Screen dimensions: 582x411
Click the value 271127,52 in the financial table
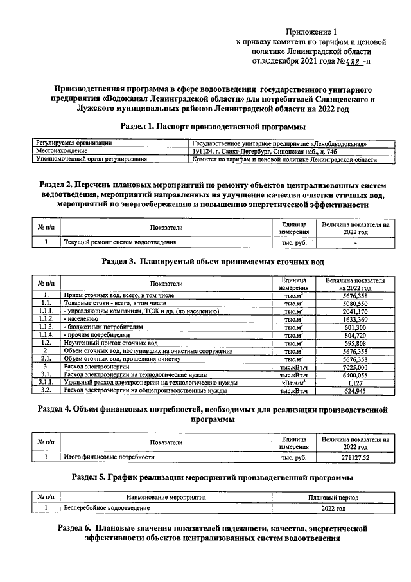354,457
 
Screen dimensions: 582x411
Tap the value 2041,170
354,311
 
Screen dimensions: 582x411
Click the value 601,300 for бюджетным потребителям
354,327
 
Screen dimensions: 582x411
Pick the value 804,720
354,335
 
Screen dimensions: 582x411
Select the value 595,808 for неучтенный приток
354,343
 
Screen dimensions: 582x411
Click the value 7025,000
354,367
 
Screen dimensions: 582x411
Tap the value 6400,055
354,374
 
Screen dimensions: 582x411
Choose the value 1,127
354,383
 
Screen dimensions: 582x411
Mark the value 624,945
354,390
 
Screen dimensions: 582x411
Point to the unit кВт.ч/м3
292,383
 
